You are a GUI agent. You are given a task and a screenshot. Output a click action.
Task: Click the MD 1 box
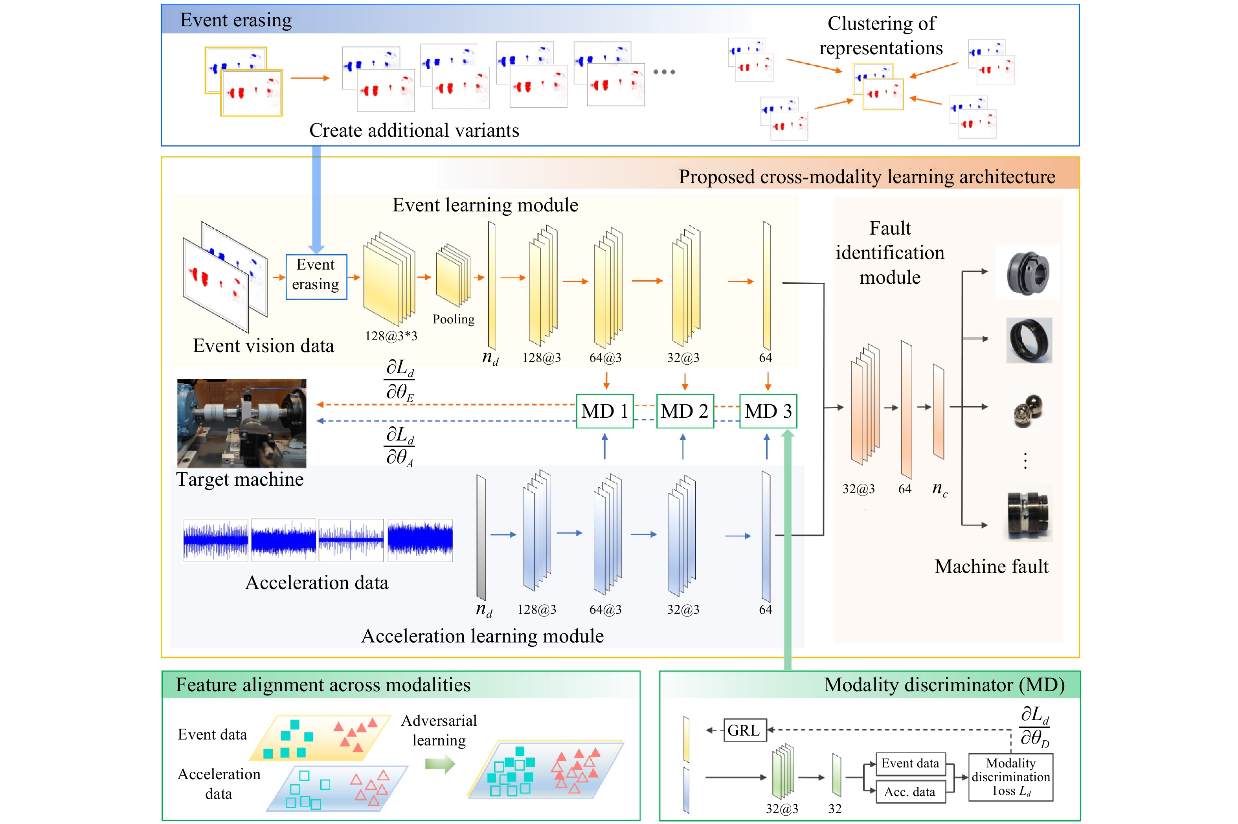click(x=604, y=411)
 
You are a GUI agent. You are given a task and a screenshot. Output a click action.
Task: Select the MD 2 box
click(x=684, y=411)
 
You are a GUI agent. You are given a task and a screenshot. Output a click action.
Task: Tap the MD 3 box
click(x=768, y=411)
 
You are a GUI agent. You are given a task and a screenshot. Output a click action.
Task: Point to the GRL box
click(x=744, y=730)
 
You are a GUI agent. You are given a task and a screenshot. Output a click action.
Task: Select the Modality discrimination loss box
click(x=1010, y=777)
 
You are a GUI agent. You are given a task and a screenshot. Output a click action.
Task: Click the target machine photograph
click(x=241, y=423)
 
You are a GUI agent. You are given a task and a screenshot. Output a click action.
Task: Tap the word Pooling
click(x=453, y=319)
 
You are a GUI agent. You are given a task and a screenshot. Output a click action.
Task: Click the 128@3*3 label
click(x=391, y=336)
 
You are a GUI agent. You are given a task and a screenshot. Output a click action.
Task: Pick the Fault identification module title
click(x=890, y=253)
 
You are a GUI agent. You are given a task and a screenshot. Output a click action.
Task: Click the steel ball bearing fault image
click(x=1027, y=411)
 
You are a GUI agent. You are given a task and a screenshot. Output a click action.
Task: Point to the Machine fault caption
click(x=991, y=567)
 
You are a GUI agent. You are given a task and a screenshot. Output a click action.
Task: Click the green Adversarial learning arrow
click(x=439, y=763)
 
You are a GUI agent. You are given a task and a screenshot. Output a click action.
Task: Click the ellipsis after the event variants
click(x=664, y=72)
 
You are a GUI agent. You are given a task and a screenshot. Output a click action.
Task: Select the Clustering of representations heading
click(x=881, y=35)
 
